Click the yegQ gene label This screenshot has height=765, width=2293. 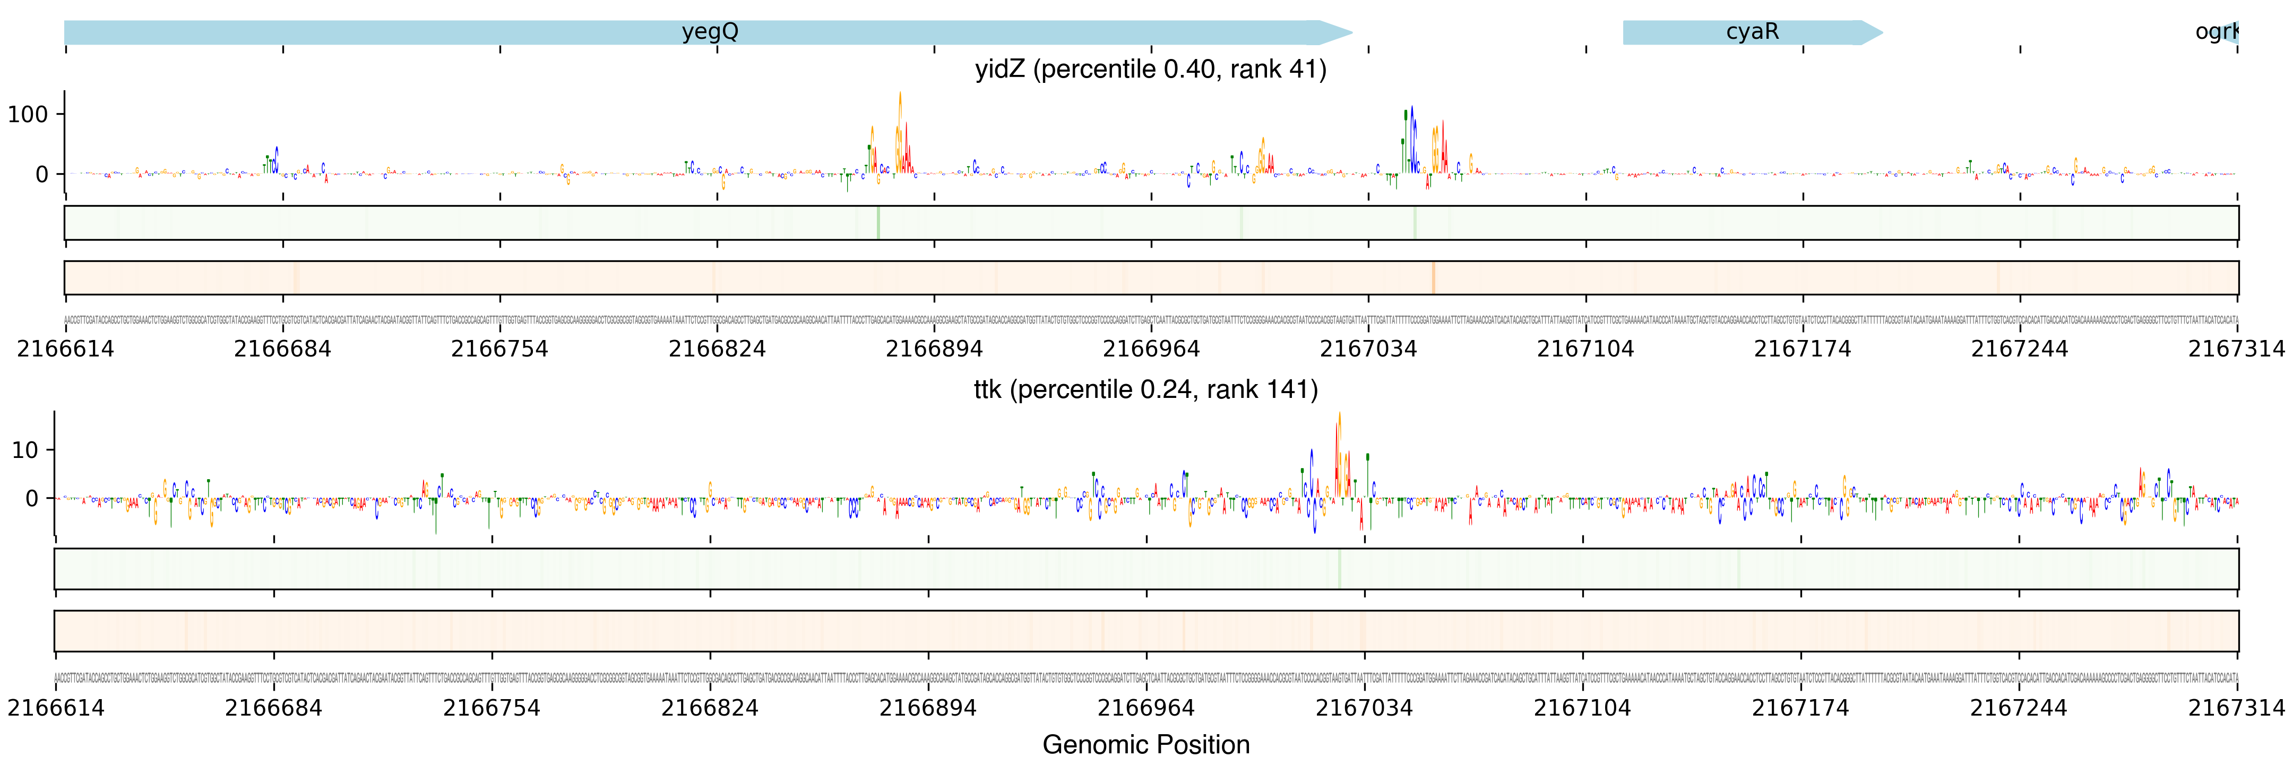pos(710,32)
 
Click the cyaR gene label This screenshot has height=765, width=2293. pos(1752,32)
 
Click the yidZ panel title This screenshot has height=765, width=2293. pos(1150,70)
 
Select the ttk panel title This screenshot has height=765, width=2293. pos(1145,389)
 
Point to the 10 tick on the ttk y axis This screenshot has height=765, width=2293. pos(25,450)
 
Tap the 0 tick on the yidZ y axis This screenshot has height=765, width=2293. pos(41,175)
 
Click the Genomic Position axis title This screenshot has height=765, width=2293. pos(1145,744)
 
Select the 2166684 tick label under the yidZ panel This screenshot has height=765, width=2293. pos(282,349)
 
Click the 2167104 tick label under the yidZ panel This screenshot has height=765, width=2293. pos(1585,349)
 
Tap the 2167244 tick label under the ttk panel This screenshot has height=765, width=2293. pos(2018,708)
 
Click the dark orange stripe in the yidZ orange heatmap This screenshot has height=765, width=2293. pos(1433,278)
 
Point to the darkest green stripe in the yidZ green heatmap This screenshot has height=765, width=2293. pos(878,223)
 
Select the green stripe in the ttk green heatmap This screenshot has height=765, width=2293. pos(1339,568)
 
